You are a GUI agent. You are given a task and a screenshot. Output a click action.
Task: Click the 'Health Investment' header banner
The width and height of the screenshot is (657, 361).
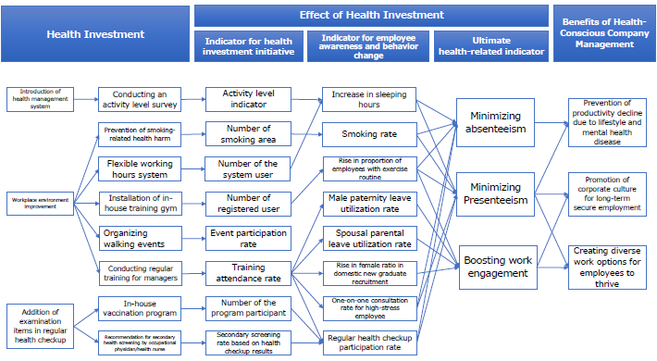(x=95, y=34)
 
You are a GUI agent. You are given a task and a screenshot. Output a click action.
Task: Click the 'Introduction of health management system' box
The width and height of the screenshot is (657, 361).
(x=39, y=97)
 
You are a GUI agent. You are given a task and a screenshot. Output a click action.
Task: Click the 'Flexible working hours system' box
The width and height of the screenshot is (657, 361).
(x=139, y=168)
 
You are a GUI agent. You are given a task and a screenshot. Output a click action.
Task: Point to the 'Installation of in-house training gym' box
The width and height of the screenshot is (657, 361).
(x=139, y=203)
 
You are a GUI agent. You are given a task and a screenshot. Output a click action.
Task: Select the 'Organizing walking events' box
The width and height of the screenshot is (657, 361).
(x=139, y=238)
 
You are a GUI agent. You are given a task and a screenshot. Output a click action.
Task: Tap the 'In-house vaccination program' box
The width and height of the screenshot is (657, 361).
(x=139, y=307)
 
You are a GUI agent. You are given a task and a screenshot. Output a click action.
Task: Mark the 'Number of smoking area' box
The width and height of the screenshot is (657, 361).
(x=248, y=134)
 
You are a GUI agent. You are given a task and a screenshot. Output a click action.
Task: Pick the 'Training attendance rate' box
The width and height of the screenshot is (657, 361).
(x=248, y=272)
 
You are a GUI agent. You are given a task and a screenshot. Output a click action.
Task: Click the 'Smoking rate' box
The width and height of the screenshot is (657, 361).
(x=368, y=134)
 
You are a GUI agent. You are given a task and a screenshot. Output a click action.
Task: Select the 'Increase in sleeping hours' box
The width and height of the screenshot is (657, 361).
(x=368, y=100)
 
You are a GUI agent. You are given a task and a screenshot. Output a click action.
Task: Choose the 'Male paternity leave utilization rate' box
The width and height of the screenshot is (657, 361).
(x=368, y=203)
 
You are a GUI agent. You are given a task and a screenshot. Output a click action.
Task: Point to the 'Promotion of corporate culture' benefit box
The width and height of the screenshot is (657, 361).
(x=606, y=193)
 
